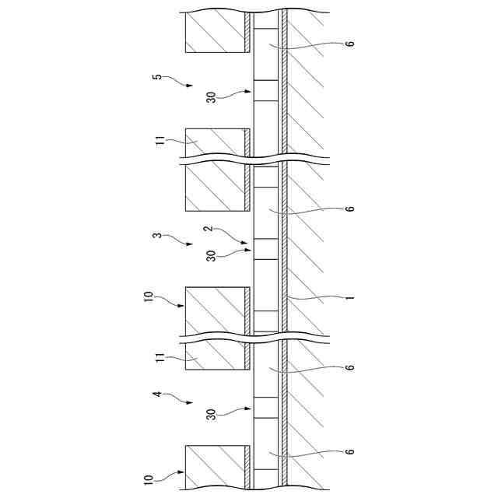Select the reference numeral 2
207,229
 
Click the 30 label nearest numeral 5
211,98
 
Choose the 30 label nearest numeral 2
211,255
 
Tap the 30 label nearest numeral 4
211,414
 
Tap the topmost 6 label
351,44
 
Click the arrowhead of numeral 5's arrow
191,88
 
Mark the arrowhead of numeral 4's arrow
191,405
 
